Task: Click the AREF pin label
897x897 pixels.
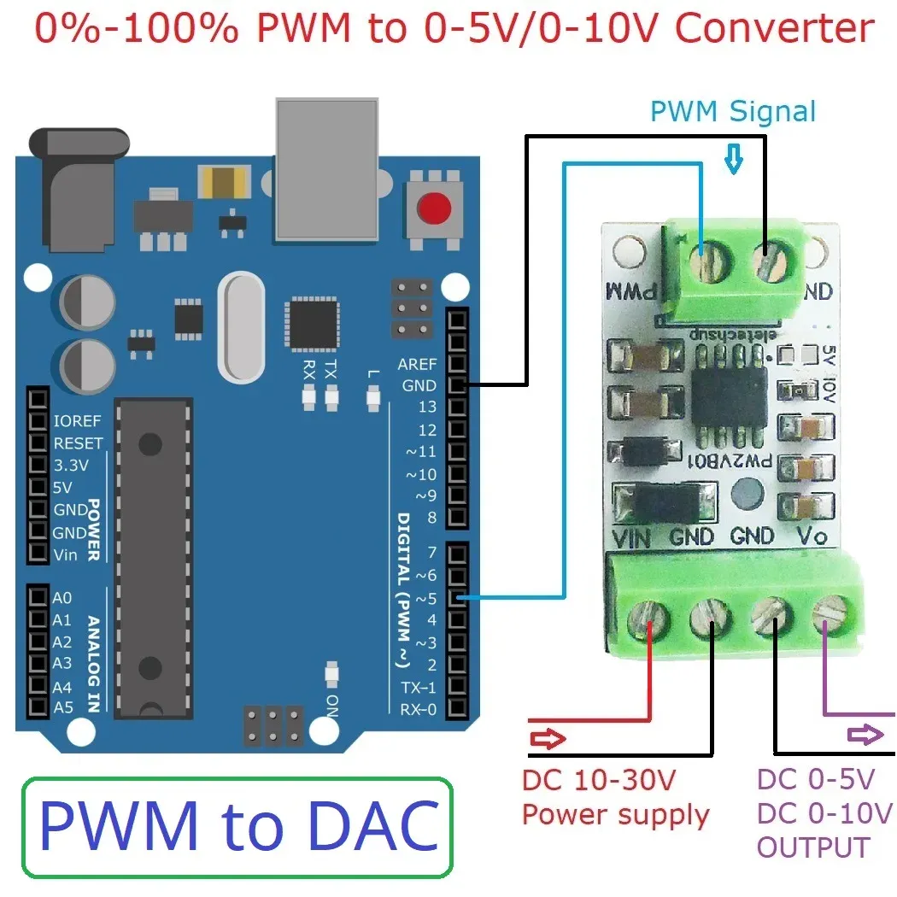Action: coord(417,364)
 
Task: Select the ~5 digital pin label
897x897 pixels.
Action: coord(426,598)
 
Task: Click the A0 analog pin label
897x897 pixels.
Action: coord(62,598)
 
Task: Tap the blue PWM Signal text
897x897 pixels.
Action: coord(732,112)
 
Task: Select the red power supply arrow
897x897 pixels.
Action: coord(547,739)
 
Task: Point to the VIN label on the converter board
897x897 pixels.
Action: coord(633,537)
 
